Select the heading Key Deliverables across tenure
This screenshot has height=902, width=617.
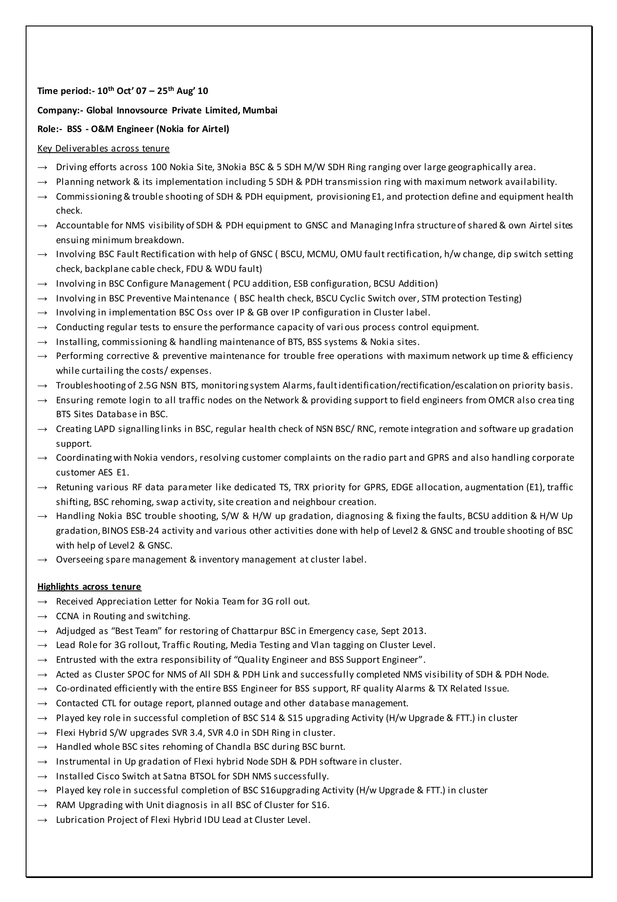coord(103,148)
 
